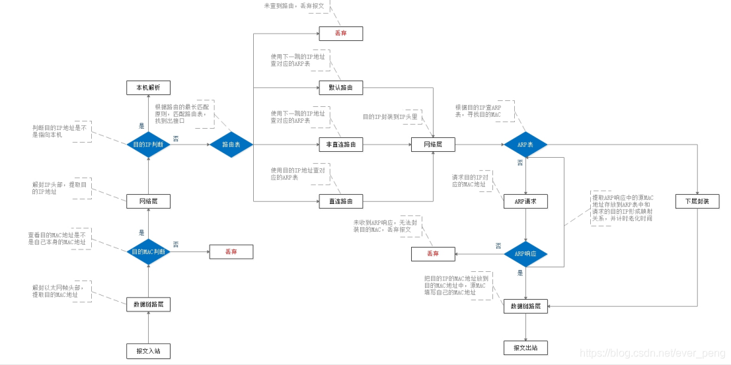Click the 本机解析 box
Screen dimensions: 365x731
(x=148, y=88)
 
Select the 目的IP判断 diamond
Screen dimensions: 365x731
(x=148, y=144)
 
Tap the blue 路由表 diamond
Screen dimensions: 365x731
(x=231, y=144)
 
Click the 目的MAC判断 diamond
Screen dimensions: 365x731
(x=148, y=251)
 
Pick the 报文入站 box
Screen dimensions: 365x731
(x=148, y=350)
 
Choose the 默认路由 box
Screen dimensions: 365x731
(x=341, y=88)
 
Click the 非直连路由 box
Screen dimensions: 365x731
(x=341, y=144)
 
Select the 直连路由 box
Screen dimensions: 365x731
(x=341, y=201)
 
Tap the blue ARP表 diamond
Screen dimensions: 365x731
(x=525, y=144)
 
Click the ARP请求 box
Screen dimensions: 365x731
(x=525, y=201)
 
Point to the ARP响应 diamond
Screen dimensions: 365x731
(x=525, y=253)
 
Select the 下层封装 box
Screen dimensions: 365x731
(x=697, y=201)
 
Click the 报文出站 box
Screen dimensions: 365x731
(x=525, y=347)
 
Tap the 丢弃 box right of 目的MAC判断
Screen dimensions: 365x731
(x=231, y=251)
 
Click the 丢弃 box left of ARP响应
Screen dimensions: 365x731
(x=432, y=253)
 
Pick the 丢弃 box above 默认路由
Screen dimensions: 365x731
(x=341, y=32)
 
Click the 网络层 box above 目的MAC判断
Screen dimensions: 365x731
(x=148, y=201)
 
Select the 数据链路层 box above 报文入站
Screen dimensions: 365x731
(x=148, y=304)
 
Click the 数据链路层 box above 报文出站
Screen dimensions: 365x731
(x=525, y=306)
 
